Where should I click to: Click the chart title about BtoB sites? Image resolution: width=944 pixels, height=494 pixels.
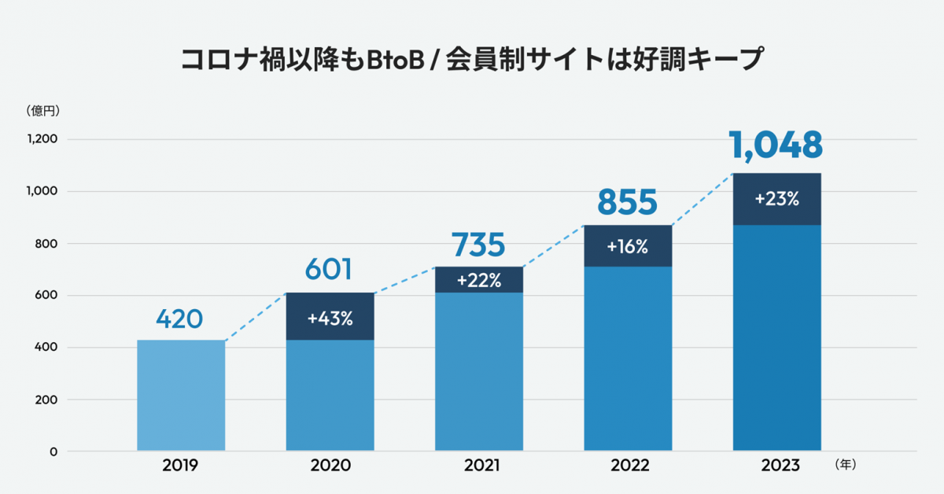point(472,61)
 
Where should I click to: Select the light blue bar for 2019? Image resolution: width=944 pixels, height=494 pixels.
point(181,395)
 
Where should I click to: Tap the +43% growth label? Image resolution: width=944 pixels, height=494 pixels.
point(330,319)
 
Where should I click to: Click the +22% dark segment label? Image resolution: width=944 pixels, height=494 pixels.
point(479,280)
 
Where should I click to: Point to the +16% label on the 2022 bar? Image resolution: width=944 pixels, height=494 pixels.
point(627,246)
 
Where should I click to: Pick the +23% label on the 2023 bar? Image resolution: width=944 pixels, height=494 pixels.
point(776,199)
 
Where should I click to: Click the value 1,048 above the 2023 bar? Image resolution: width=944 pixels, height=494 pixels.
point(776,146)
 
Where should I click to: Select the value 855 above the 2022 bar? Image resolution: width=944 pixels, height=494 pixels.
point(627,202)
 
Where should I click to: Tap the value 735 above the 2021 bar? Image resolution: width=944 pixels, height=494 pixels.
point(478,245)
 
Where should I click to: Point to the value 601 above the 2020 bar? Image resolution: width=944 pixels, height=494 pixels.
point(329,271)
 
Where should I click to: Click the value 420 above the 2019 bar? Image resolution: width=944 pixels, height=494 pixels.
point(179,319)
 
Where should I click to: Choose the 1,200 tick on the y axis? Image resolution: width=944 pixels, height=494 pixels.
point(42,139)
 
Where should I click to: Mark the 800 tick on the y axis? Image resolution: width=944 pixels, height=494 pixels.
point(46,244)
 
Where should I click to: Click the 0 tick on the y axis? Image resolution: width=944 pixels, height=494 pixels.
point(53,452)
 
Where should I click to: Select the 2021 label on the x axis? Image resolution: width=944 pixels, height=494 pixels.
point(479,466)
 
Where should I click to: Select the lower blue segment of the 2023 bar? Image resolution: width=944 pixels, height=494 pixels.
point(776,338)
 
